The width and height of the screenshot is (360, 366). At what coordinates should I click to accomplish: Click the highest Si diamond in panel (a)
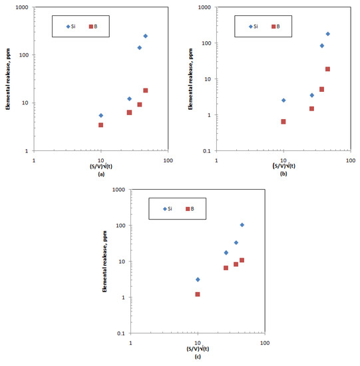click(x=146, y=36)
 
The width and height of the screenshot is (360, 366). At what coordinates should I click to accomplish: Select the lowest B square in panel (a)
click(x=101, y=125)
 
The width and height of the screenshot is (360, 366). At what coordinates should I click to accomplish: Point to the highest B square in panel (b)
click(x=327, y=69)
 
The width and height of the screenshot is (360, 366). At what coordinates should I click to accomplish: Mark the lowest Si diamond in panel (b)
click(x=283, y=100)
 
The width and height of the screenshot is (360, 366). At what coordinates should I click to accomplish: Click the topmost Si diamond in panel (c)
click(x=242, y=225)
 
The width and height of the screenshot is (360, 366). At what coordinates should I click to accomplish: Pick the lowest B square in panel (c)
click(x=198, y=294)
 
